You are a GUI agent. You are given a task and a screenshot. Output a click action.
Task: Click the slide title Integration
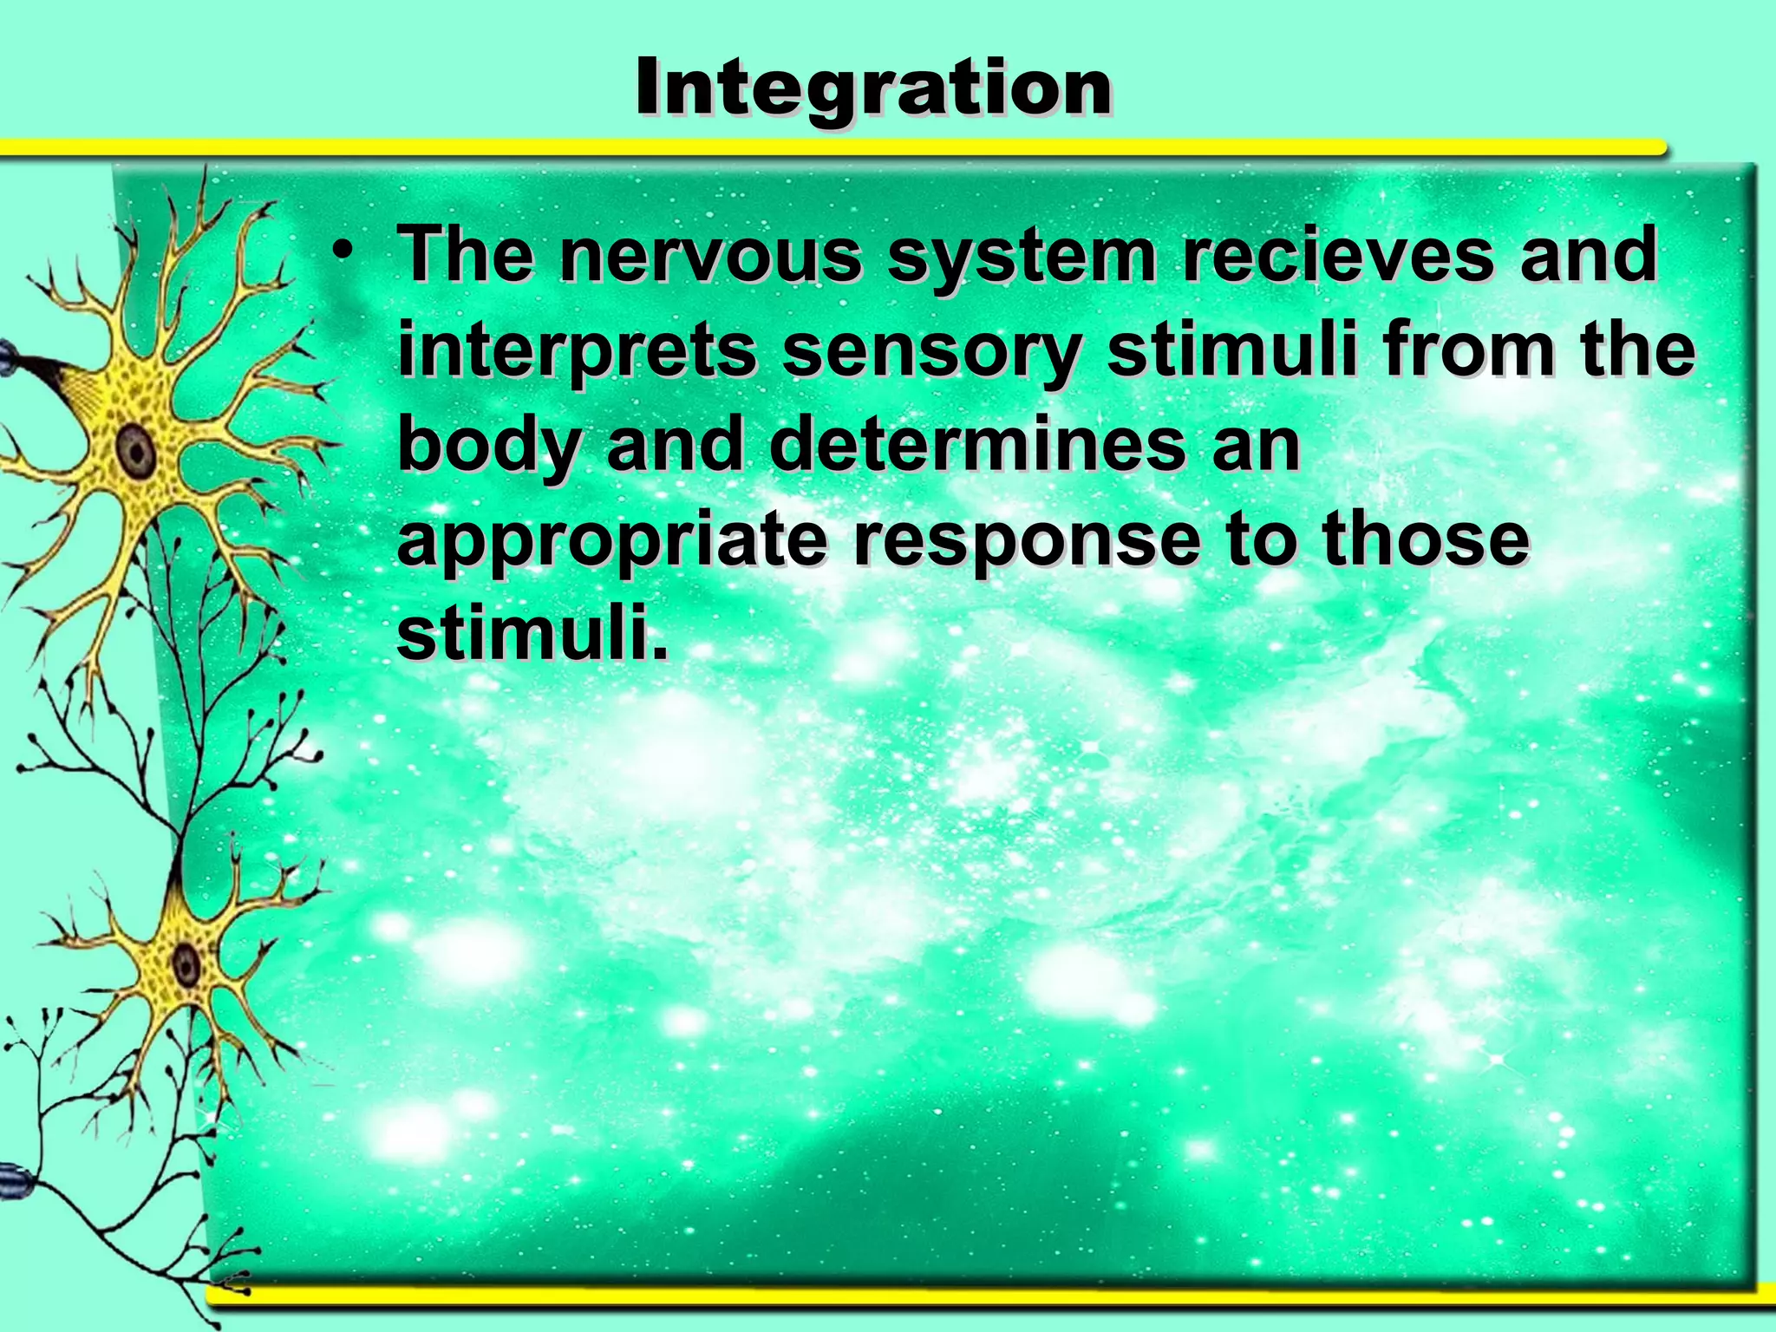[873, 89]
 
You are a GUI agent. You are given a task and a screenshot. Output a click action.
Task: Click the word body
[488, 446]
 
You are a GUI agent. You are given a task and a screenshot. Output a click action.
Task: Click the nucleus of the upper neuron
[136, 449]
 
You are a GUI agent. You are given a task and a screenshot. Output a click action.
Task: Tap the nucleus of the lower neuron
[186, 963]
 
